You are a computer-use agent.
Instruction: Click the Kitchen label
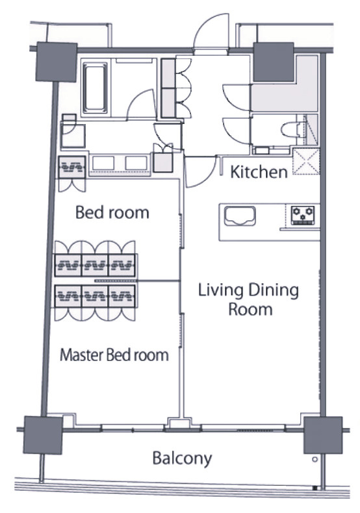click(x=259, y=172)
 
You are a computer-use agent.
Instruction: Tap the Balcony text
click(x=182, y=458)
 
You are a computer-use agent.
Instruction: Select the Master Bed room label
click(x=114, y=355)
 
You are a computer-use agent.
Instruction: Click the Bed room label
click(x=112, y=212)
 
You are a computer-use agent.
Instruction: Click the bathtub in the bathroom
click(x=95, y=88)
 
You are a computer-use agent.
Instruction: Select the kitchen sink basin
click(x=240, y=216)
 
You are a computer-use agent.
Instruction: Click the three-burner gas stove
click(x=303, y=216)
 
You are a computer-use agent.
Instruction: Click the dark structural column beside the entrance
click(x=274, y=62)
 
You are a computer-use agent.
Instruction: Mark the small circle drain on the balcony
click(x=315, y=459)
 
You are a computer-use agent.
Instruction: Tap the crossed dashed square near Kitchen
click(x=306, y=162)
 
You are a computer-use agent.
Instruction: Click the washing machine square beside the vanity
click(x=73, y=136)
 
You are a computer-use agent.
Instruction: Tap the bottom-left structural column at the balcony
click(x=43, y=435)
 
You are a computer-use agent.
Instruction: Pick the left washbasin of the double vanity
click(x=103, y=163)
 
